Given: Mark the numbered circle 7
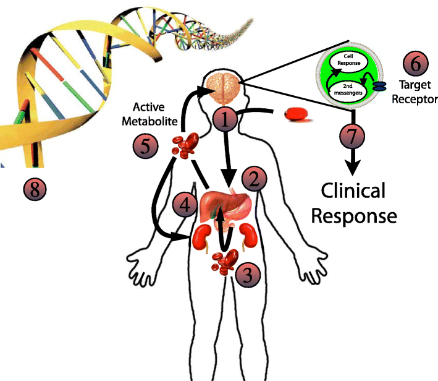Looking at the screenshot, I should (351, 137).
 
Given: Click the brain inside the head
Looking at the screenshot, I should (224, 88).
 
